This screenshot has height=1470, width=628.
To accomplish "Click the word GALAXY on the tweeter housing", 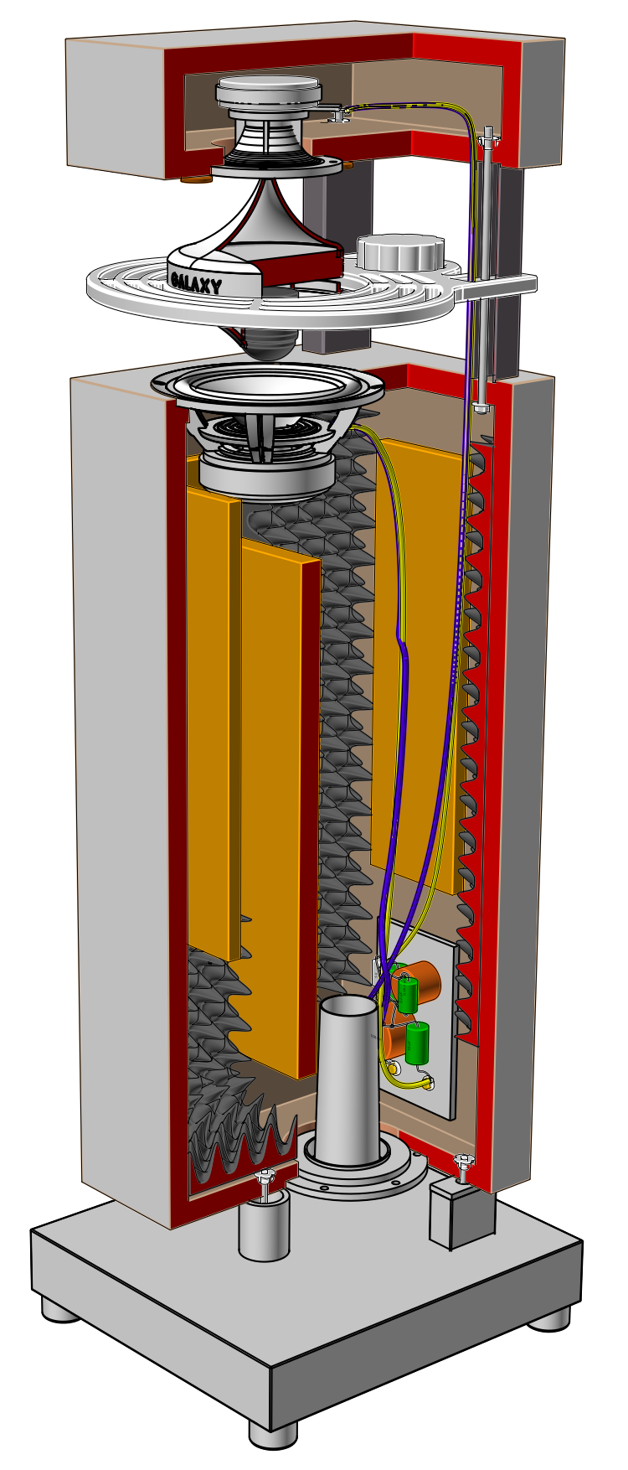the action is [196, 282].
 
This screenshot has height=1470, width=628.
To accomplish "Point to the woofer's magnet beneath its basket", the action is [266, 479].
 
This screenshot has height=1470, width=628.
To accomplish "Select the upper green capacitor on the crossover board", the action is [408, 994].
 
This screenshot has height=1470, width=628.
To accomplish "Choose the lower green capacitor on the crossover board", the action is [417, 1043].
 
